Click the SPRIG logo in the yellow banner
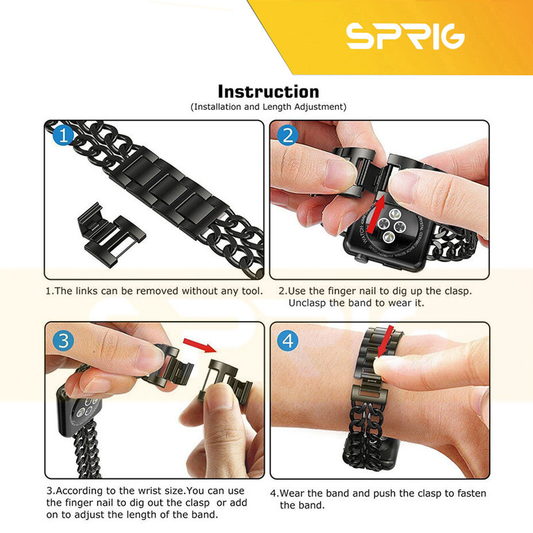point(406,36)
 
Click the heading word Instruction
point(268,92)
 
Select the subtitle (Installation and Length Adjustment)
point(268,107)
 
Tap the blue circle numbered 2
point(288,135)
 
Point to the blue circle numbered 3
point(63,340)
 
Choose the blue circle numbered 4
point(288,340)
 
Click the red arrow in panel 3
point(199,344)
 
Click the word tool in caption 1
point(252,291)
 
